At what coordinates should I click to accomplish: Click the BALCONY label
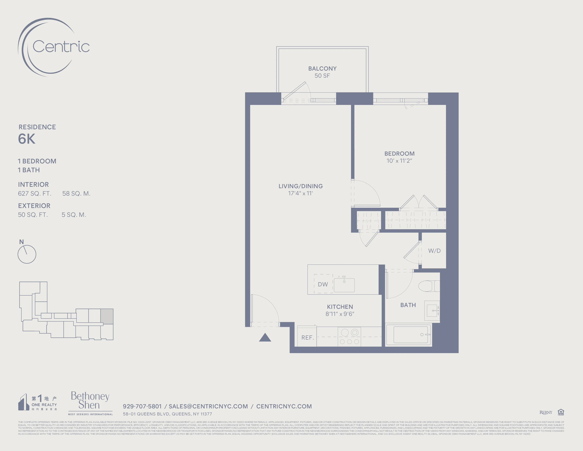pyautogui.click(x=322, y=68)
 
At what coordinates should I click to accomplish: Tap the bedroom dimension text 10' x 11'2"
pyautogui.click(x=399, y=161)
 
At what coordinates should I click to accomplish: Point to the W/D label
pyautogui.click(x=434, y=251)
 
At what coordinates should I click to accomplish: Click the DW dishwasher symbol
pyautogui.click(x=323, y=284)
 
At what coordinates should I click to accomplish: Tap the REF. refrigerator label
pyautogui.click(x=307, y=337)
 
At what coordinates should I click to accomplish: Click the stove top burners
pyautogui.click(x=349, y=337)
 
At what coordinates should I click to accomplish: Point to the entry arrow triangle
pyautogui.click(x=265, y=338)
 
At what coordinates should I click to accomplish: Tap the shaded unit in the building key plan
pyautogui.click(x=107, y=316)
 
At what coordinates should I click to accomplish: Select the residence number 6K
pyautogui.click(x=27, y=139)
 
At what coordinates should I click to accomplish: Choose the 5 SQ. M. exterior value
pyautogui.click(x=74, y=215)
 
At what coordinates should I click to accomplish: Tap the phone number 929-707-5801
pyautogui.click(x=142, y=406)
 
